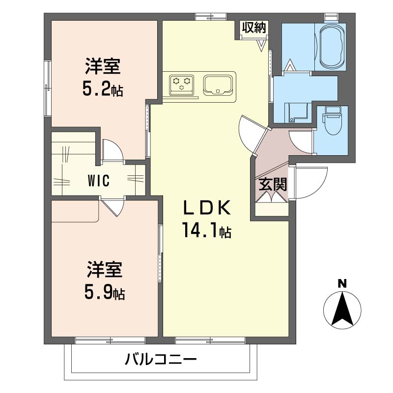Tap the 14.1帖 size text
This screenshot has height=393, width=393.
point(206,230)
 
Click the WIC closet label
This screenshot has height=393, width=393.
point(98,180)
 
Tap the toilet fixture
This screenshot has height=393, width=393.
point(332,121)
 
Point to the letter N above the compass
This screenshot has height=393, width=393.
point(342,283)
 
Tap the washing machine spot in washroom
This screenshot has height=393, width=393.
point(298,112)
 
